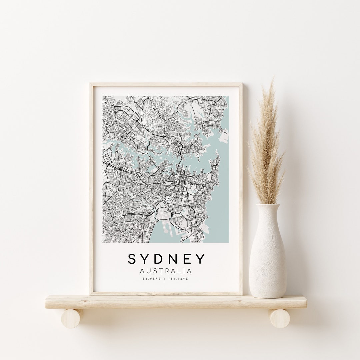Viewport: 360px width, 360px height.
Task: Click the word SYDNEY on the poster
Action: coord(166,259)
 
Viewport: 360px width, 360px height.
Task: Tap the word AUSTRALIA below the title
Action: coord(166,271)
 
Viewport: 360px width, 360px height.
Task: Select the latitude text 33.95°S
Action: coord(151,279)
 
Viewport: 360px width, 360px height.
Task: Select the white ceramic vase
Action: coord(267,257)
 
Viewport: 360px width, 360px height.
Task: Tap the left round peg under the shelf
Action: coord(72,318)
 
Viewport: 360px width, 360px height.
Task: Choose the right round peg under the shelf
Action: coord(279,318)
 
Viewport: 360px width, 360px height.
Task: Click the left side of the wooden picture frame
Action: coord(91,187)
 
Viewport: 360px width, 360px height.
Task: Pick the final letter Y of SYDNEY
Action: coord(200,259)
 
